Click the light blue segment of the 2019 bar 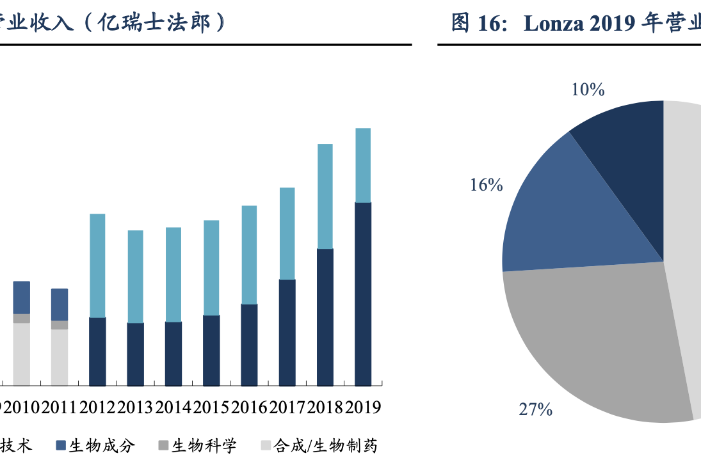click(363, 165)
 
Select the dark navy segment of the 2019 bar click(363, 294)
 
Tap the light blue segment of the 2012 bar click(97, 265)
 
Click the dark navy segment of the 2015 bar click(211, 351)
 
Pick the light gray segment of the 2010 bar click(22, 354)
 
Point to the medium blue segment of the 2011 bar click(60, 305)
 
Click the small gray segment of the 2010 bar click(22, 319)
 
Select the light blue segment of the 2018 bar click(325, 196)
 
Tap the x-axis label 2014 click(173, 408)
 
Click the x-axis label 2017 click(287, 408)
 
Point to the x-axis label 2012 click(97, 408)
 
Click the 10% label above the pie click(588, 90)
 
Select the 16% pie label click(487, 186)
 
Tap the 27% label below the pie click(535, 409)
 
